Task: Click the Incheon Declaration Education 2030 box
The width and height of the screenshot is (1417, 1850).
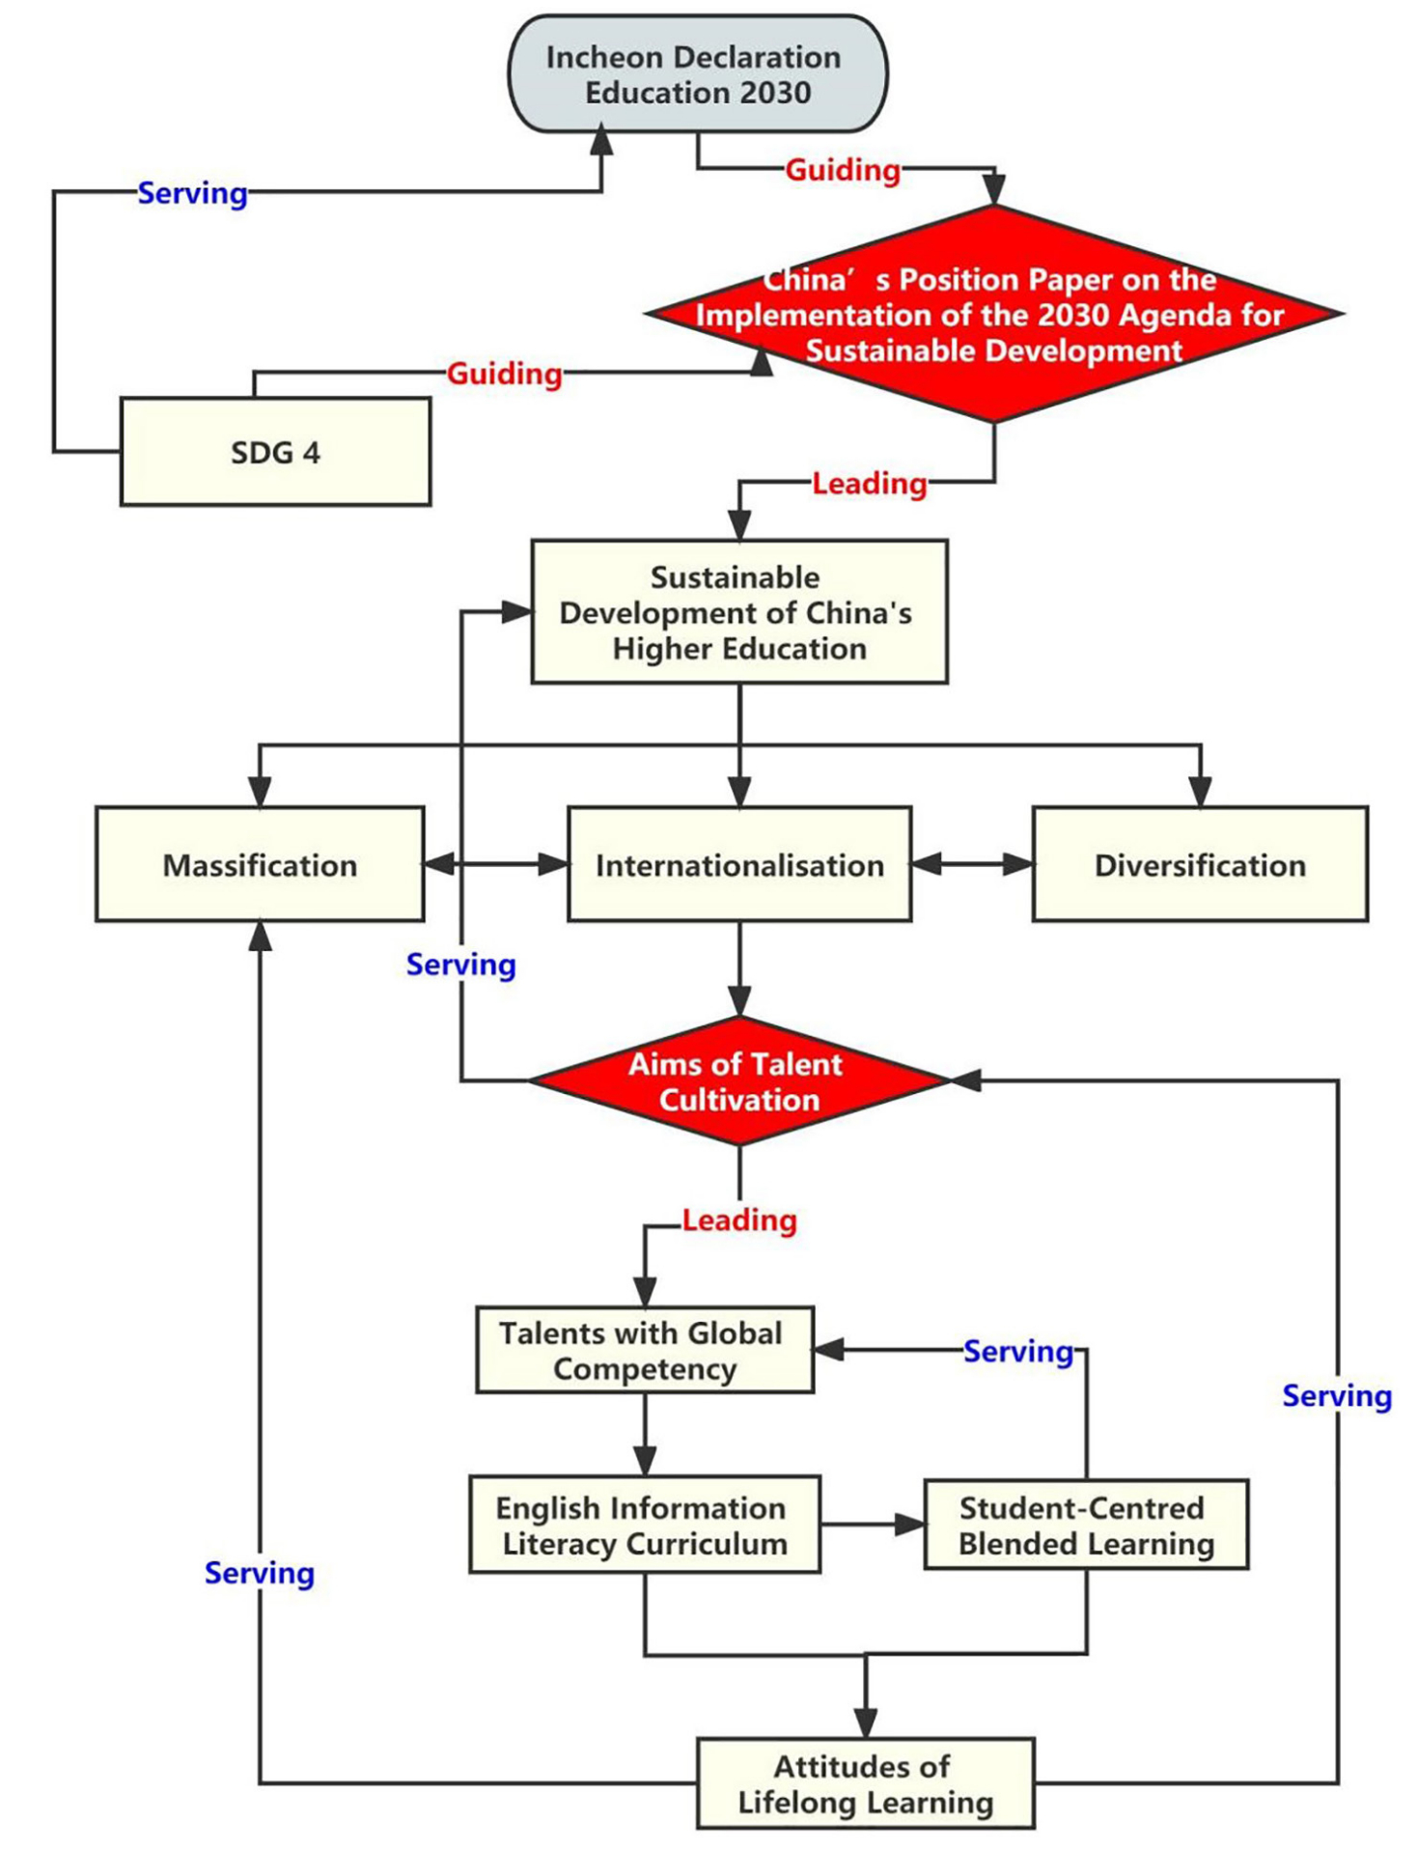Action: click(x=697, y=74)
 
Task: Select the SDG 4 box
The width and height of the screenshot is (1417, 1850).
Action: click(x=275, y=452)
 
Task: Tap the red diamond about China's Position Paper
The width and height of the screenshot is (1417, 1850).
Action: click(x=993, y=315)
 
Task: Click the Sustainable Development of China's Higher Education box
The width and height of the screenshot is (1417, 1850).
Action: click(x=739, y=612)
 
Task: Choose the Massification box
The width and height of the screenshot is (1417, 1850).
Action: click(x=260, y=865)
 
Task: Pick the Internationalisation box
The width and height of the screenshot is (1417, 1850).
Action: click(x=739, y=865)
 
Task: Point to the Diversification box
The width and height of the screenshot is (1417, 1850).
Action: click(x=1200, y=865)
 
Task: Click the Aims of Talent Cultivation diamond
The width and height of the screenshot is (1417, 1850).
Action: click(x=739, y=1081)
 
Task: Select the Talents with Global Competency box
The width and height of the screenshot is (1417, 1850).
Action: click(x=644, y=1351)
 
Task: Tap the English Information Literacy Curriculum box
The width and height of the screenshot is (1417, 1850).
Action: click(x=644, y=1526)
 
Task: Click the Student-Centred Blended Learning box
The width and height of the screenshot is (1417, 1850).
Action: click(x=1086, y=1526)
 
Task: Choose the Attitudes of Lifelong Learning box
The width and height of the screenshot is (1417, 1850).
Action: click(x=865, y=1784)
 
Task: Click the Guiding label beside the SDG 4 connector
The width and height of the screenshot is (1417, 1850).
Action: click(x=504, y=374)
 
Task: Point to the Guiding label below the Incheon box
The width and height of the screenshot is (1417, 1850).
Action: click(x=843, y=170)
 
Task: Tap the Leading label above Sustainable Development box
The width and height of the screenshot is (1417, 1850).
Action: click(x=869, y=483)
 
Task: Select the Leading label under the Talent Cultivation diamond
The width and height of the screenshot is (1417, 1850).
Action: click(x=739, y=1220)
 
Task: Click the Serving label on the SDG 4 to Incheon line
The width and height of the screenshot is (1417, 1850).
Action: click(x=192, y=193)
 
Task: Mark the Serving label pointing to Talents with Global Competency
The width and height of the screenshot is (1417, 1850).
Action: click(x=1018, y=1352)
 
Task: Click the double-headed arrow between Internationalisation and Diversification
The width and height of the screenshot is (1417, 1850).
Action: click(x=972, y=864)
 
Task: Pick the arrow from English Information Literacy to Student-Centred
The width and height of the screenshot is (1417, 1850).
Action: click(x=873, y=1526)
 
